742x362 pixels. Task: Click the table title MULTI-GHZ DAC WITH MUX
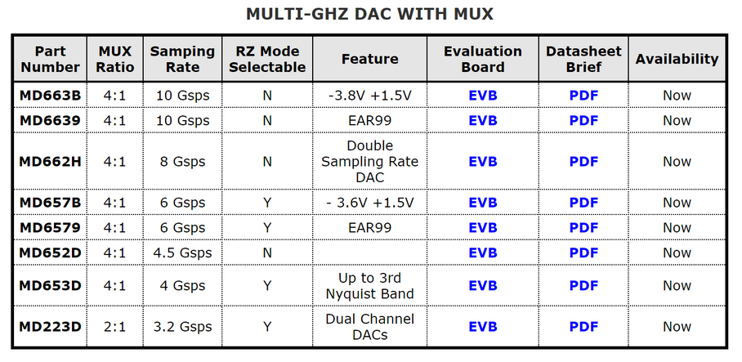369,14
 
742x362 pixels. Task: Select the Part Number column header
50,59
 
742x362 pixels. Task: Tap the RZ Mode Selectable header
267,59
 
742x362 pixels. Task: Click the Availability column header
677,59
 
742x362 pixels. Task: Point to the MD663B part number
50,96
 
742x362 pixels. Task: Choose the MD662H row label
50,162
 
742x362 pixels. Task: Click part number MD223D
50,327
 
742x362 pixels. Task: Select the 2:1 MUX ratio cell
115,327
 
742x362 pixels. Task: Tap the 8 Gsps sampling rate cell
183,162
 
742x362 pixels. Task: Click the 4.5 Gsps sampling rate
183,253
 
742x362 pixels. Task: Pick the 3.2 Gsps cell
183,327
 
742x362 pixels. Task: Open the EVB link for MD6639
483,121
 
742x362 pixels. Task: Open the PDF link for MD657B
583,203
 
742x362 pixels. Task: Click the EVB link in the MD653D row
483,286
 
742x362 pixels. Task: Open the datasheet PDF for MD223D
583,327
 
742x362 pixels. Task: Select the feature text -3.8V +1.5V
369,96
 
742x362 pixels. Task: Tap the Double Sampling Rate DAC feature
369,162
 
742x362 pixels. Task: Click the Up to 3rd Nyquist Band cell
369,286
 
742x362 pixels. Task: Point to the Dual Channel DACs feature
369,327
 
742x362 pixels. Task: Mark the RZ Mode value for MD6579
267,228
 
